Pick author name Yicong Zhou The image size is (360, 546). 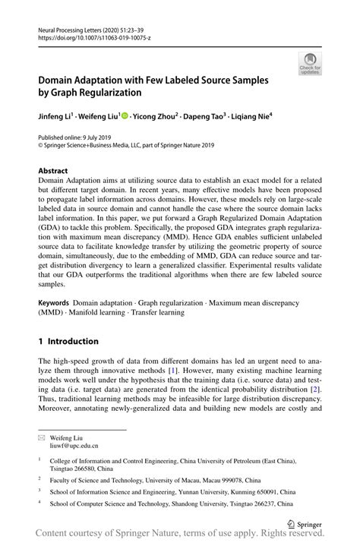point(156,118)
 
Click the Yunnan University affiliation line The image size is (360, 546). point(172,491)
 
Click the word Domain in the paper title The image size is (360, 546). point(64,79)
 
